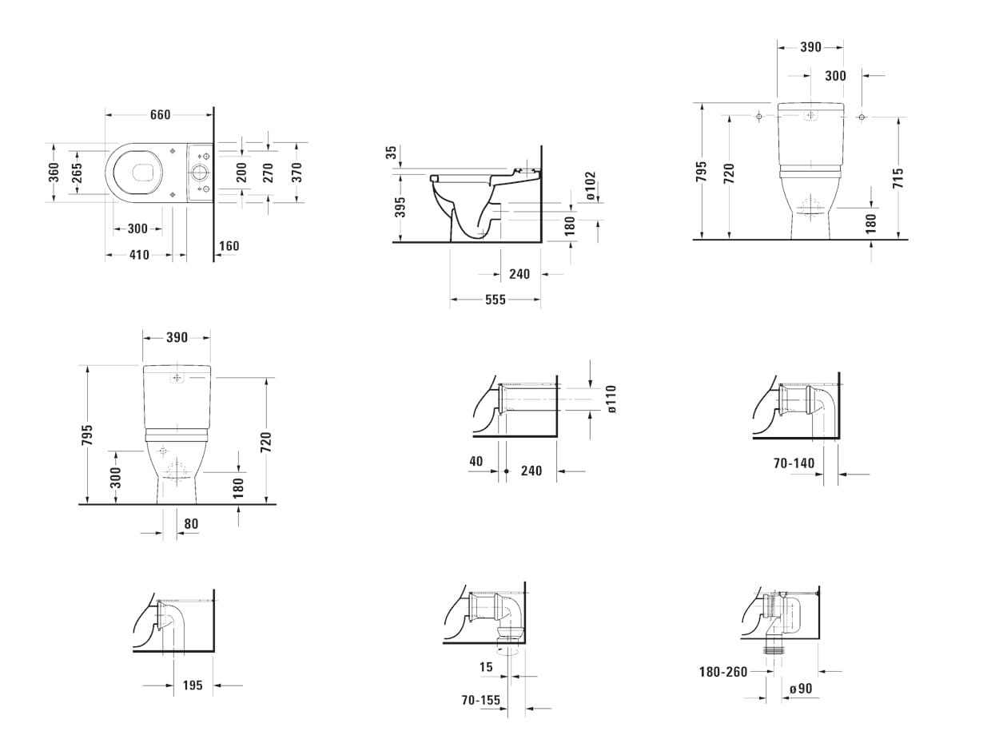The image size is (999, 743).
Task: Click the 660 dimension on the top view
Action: tap(161, 115)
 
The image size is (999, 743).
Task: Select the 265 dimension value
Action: tap(77, 173)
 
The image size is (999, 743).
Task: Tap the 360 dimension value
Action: tap(54, 172)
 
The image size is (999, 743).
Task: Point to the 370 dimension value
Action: tap(296, 172)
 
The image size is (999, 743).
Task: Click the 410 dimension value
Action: tap(139, 255)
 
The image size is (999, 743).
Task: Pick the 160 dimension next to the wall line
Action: tap(229, 246)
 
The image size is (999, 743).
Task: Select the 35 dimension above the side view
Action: tap(392, 153)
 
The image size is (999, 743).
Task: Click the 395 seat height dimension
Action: tap(400, 207)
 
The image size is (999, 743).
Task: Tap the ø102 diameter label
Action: tap(591, 185)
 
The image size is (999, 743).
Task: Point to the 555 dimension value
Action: tap(496, 300)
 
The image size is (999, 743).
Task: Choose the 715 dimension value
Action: tap(898, 178)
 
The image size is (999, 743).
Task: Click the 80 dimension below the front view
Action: tap(191, 524)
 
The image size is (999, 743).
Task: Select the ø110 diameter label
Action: tap(611, 399)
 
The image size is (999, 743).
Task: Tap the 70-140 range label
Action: tap(794, 463)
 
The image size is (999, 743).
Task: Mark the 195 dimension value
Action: tap(193, 685)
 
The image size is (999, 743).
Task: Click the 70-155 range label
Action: tap(480, 700)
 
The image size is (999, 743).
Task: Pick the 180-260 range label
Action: tap(723, 672)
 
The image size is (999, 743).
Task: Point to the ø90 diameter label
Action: tap(801, 689)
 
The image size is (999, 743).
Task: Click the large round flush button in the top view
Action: tap(199, 173)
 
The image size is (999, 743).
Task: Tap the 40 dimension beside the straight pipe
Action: tap(476, 461)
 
